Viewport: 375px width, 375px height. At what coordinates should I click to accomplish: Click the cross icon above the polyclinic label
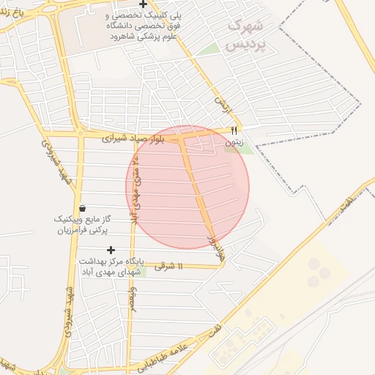tap(153, 4)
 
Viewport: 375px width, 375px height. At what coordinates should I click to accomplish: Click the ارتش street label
tap(222, 105)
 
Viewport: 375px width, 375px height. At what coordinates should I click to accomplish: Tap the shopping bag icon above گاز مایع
tap(81, 208)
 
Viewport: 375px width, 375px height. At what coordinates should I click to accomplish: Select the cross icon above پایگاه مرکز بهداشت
tap(111, 250)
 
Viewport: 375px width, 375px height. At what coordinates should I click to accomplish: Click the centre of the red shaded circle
tap(187, 187)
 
